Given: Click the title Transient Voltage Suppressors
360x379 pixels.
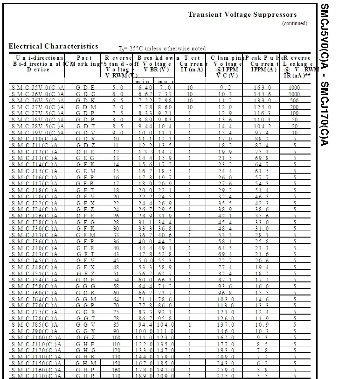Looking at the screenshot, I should pyautogui.click(x=242, y=14).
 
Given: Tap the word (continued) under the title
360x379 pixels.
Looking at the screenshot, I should pyautogui.click(x=295, y=23).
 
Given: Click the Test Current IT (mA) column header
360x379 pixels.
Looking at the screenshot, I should pyautogui.click(x=191, y=63).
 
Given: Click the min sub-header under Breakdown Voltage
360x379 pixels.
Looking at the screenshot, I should pyautogui.click(x=142, y=82).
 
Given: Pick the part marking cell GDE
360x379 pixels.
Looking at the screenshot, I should pyautogui.click(x=85, y=88).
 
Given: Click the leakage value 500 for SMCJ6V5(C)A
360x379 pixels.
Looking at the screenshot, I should pyautogui.click(x=294, y=100).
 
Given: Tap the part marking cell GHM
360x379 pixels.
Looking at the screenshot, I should pyautogui.click(x=85, y=363).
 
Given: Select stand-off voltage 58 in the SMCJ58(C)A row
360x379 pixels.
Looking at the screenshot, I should pyautogui.click(x=116, y=286).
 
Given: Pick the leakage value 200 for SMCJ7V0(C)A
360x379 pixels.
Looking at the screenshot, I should pyautogui.click(x=294, y=107).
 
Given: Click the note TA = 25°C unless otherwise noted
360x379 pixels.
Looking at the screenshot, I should pyautogui.click(x=162, y=49).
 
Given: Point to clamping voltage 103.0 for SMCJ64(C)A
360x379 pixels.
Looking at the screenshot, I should pyautogui.click(x=226, y=299).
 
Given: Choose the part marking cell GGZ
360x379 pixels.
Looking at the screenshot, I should pyautogui.click(x=85, y=337).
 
